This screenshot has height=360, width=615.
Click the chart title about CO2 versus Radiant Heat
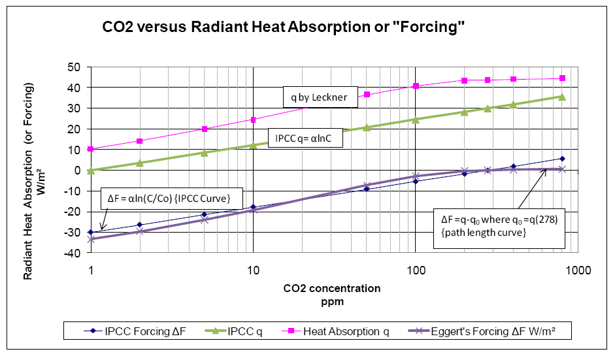pyautogui.click(x=283, y=28)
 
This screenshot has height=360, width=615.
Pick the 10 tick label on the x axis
pyautogui.click(x=253, y=270)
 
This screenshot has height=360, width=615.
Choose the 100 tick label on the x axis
pyautogui.click(x=415, y=270)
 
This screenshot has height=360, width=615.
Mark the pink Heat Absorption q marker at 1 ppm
pyautogui.click(x=91, y=149)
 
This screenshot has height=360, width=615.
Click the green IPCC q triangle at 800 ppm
pyautogui.click(x=561, y=97)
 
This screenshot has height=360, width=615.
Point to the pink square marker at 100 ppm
pyautogui.click(x=416, y=86)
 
